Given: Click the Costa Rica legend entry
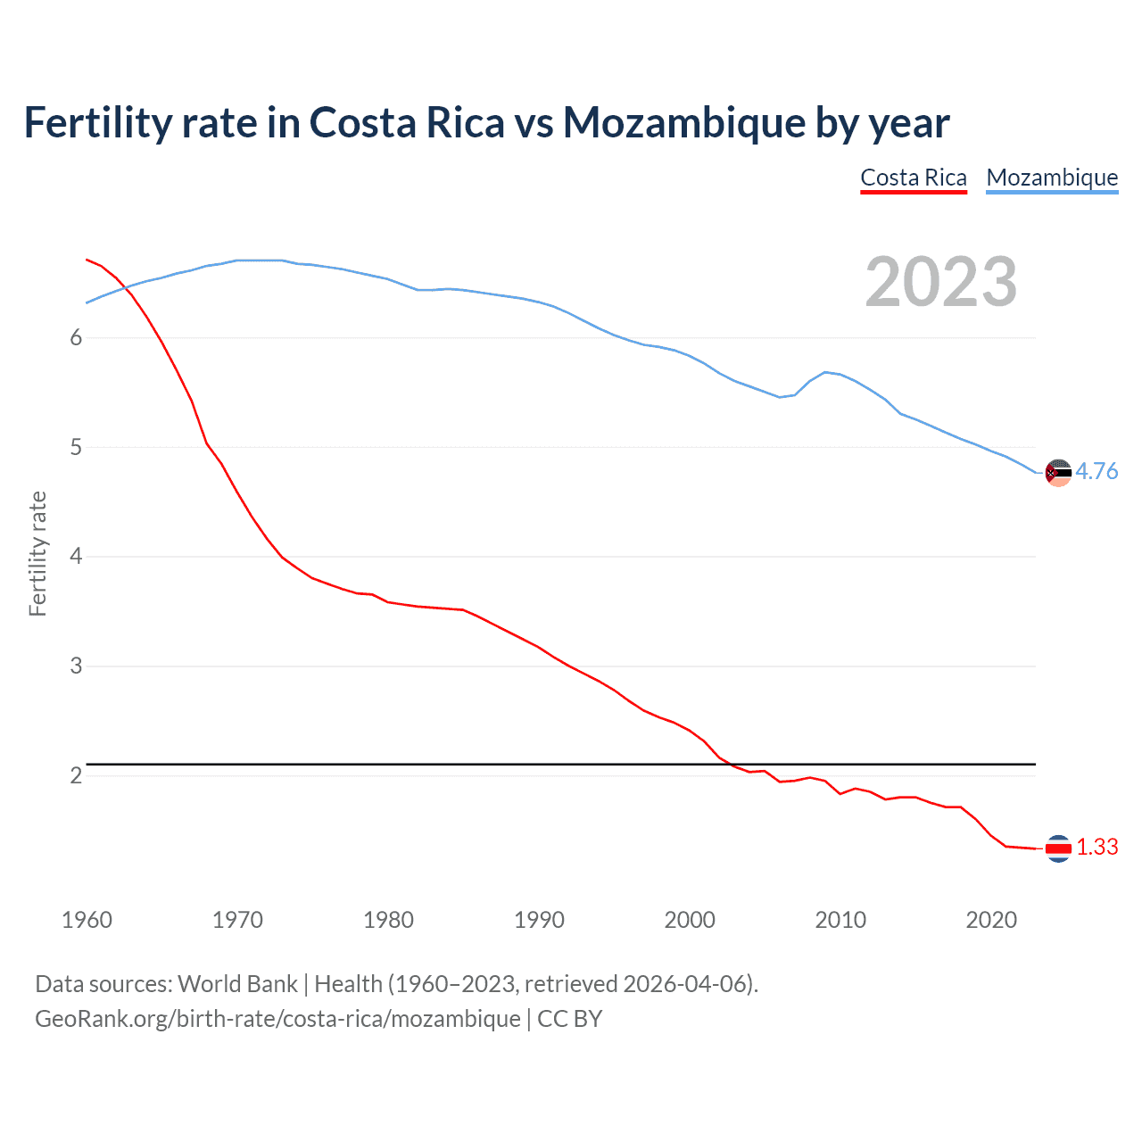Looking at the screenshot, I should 914,178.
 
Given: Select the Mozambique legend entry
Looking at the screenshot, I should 1052,178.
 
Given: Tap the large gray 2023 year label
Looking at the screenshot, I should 940,282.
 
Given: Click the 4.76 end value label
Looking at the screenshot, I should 1096,471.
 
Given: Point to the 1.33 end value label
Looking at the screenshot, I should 1096,847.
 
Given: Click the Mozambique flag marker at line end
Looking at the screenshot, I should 1058,473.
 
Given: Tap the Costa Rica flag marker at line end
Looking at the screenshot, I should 1058,848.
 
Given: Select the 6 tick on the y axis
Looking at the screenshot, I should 76,337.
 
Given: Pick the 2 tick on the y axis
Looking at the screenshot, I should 76,775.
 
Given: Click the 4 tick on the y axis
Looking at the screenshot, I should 76,557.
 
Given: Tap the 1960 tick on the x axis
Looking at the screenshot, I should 87,920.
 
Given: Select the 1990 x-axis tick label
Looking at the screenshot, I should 539,920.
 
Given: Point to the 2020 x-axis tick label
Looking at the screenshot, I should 991,920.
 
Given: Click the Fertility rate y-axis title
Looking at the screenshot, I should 37,553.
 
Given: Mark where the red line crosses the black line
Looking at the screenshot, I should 727,764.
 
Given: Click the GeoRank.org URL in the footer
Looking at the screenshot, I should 277,1018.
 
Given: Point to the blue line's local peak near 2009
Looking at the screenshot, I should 825,372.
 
